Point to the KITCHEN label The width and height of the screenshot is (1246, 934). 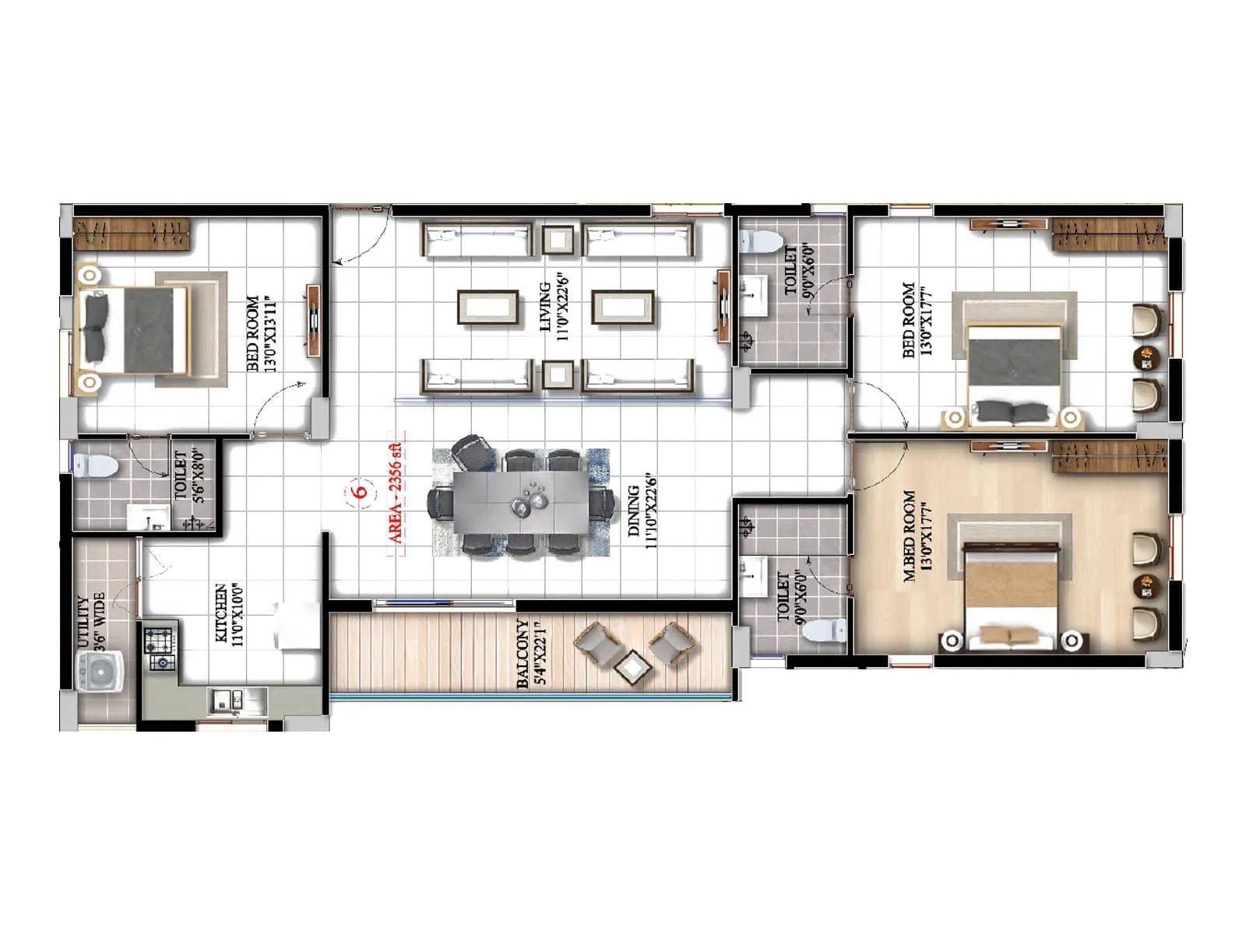click(221, 613)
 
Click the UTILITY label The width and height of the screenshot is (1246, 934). click(84, 623)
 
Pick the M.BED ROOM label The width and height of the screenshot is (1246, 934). click(909, 536)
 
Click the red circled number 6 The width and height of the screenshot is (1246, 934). click(361, 492)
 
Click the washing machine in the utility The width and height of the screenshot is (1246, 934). click(100, 672)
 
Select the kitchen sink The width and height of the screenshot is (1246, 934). click(228, 701)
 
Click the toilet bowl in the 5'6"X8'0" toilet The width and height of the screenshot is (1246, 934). click(96, 466)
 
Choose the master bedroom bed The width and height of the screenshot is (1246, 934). click(1012, 598)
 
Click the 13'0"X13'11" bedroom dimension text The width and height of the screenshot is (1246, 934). click(271, 334)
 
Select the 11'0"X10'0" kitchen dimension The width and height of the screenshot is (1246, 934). click(238, 615)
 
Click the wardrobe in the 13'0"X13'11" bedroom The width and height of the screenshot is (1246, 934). click(132, 234)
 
